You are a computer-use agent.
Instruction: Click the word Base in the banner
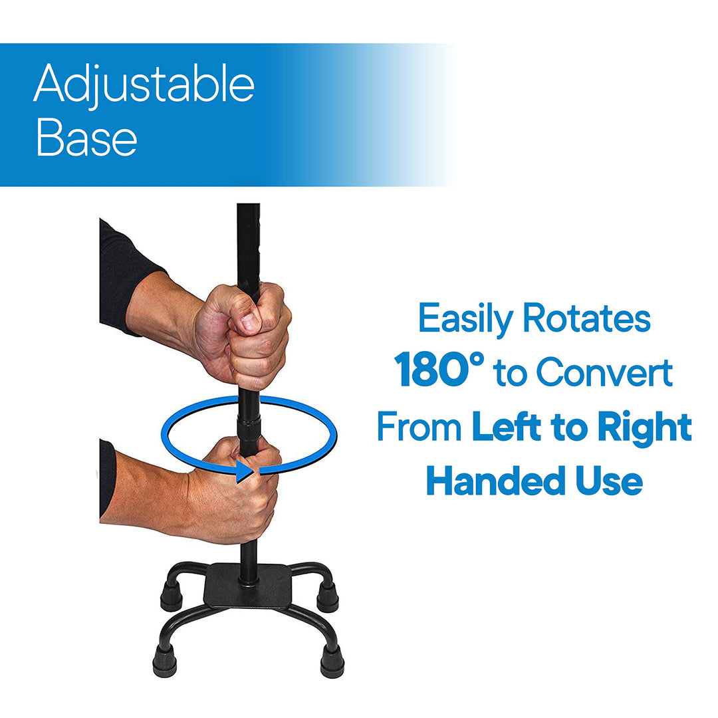pos(86,138)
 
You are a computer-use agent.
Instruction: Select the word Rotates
pos(586,318)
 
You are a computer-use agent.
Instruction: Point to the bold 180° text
pos(439,370)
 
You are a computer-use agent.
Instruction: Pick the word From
pos(419,426)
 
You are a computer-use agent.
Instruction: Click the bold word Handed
pos(495,481)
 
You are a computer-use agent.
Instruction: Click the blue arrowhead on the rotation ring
pos(245,471)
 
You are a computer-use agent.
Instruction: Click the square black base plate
pos(248,586)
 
